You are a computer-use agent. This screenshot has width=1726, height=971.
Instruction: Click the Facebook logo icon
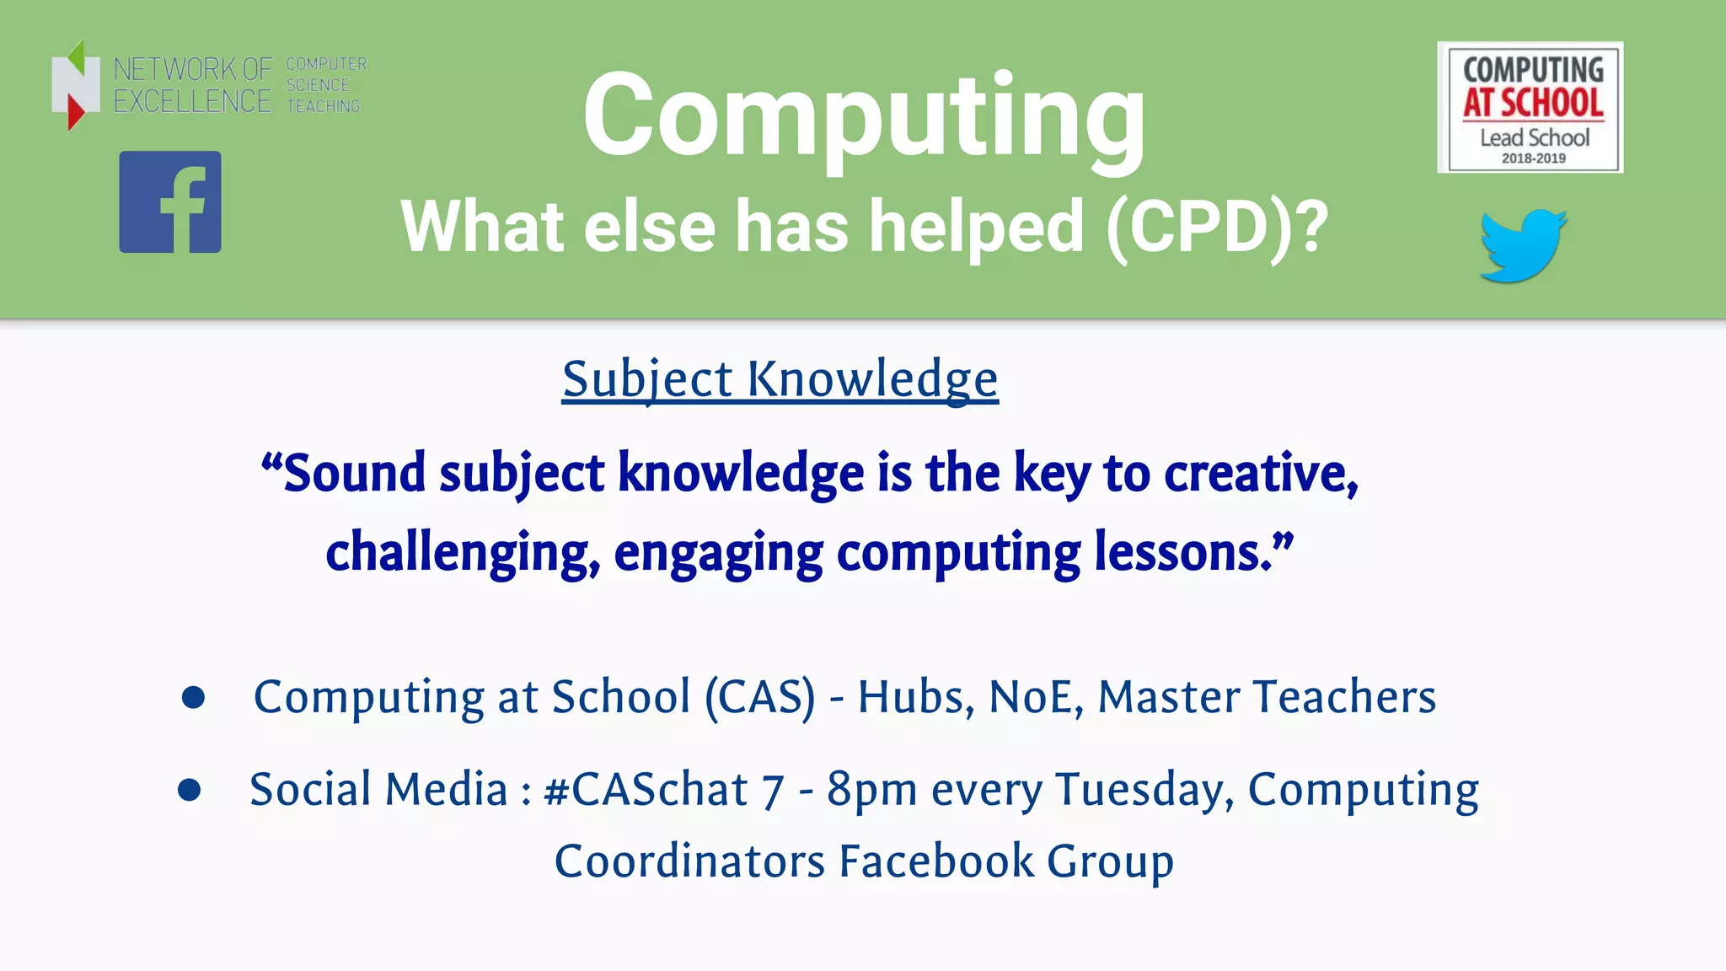pyautogui.click(x=170, y=202)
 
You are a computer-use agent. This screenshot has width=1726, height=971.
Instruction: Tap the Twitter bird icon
pyautogui.click(x=1523, y=245)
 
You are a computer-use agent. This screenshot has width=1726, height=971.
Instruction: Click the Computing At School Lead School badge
pyautogui.click(x=1530, y=107)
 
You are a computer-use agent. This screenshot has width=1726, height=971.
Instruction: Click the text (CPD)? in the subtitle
pyautogui.click(x=1217, y=227)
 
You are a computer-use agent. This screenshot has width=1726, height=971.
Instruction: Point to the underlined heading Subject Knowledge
pyautogui.click(x=780, y=378)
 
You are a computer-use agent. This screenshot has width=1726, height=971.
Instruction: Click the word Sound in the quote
pyautogui.click(x=354, y=473)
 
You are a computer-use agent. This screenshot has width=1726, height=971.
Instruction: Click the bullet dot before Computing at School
pyautogui.click(x=194, y=697)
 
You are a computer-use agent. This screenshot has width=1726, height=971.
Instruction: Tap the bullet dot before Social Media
pyautogui.click(x=190, y=790)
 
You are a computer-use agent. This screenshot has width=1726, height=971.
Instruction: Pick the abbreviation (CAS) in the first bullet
pyautogui.click(x=760, y=697)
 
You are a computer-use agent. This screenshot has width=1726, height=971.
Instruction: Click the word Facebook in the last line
pyautogui.click(x=935, y=861)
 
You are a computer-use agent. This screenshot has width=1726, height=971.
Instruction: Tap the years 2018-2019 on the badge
pyautogui.click(x=1533, y=158)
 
